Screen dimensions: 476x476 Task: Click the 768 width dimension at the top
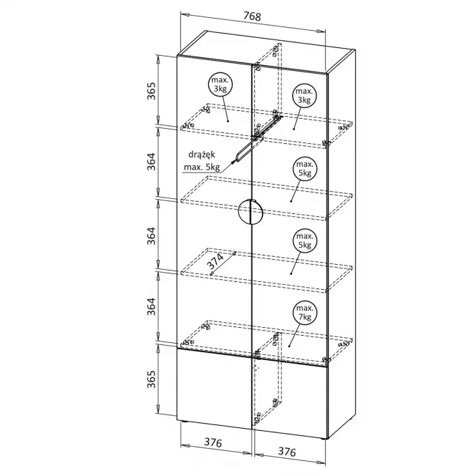(251, 16)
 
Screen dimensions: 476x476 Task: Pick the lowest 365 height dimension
(152, 388)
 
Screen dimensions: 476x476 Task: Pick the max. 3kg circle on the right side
(304, 97)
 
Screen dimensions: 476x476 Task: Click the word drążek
(203, 154)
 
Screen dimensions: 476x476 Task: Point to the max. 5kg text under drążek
(203, 167)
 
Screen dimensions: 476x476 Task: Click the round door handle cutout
(251, 212)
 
